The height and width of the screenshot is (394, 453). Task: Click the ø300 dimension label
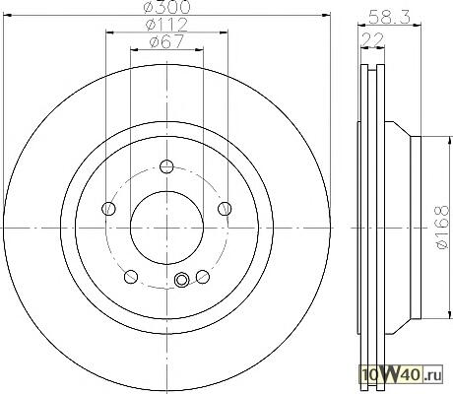pos(167,7)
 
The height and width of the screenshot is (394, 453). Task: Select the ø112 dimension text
pos(167,25)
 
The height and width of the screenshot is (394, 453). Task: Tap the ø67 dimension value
pos(166,41)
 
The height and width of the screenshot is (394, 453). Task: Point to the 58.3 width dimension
pos(389,17)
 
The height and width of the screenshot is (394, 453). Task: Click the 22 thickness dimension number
pos(372,40)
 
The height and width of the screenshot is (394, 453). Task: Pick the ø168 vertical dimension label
pos(442,227)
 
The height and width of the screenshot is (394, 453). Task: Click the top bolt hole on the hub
pos(166,166)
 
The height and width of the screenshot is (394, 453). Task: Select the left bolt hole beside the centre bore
pos(108,208)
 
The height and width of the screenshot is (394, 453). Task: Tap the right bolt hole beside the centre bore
pos(225,208)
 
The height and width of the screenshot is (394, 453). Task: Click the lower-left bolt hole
pos(131,277)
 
